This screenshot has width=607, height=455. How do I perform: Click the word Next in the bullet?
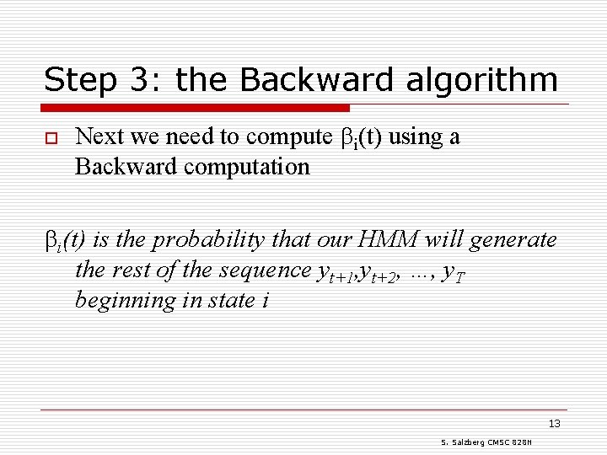(x=96, y=136)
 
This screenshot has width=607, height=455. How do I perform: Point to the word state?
(x=228, y=301)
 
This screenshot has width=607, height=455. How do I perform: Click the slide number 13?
(x=554, y=424)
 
